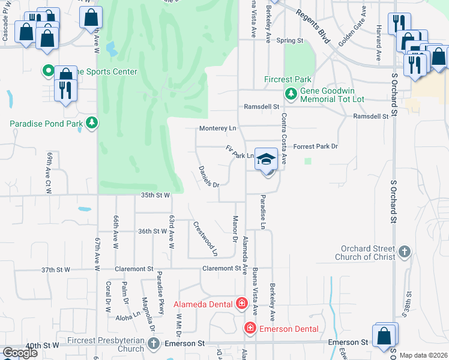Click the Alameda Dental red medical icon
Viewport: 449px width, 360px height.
(x=241, y=304)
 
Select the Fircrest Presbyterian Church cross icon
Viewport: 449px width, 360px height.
(x=154, y=343)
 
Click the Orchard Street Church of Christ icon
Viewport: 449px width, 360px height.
(x=405, y=251)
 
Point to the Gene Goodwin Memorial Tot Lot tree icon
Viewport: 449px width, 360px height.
(x=291, y=94)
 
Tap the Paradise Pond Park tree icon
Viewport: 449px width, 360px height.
(x=91, y=124)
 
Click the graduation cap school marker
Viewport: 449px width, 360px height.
(x=266, y=159)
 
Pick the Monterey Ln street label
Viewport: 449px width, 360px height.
(x=218, y=128)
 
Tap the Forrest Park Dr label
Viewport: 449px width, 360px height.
(x=316, y=146)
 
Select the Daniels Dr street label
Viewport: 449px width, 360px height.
(x=209, y=176)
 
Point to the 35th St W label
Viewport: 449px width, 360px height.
(x=155, y=195)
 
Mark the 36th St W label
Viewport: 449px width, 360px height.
(x=151, y=231)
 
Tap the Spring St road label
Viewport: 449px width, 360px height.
(x=290, y=41)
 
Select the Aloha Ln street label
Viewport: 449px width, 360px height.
(x=128, y=316)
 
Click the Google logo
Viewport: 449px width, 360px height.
(x=20, y=353)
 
